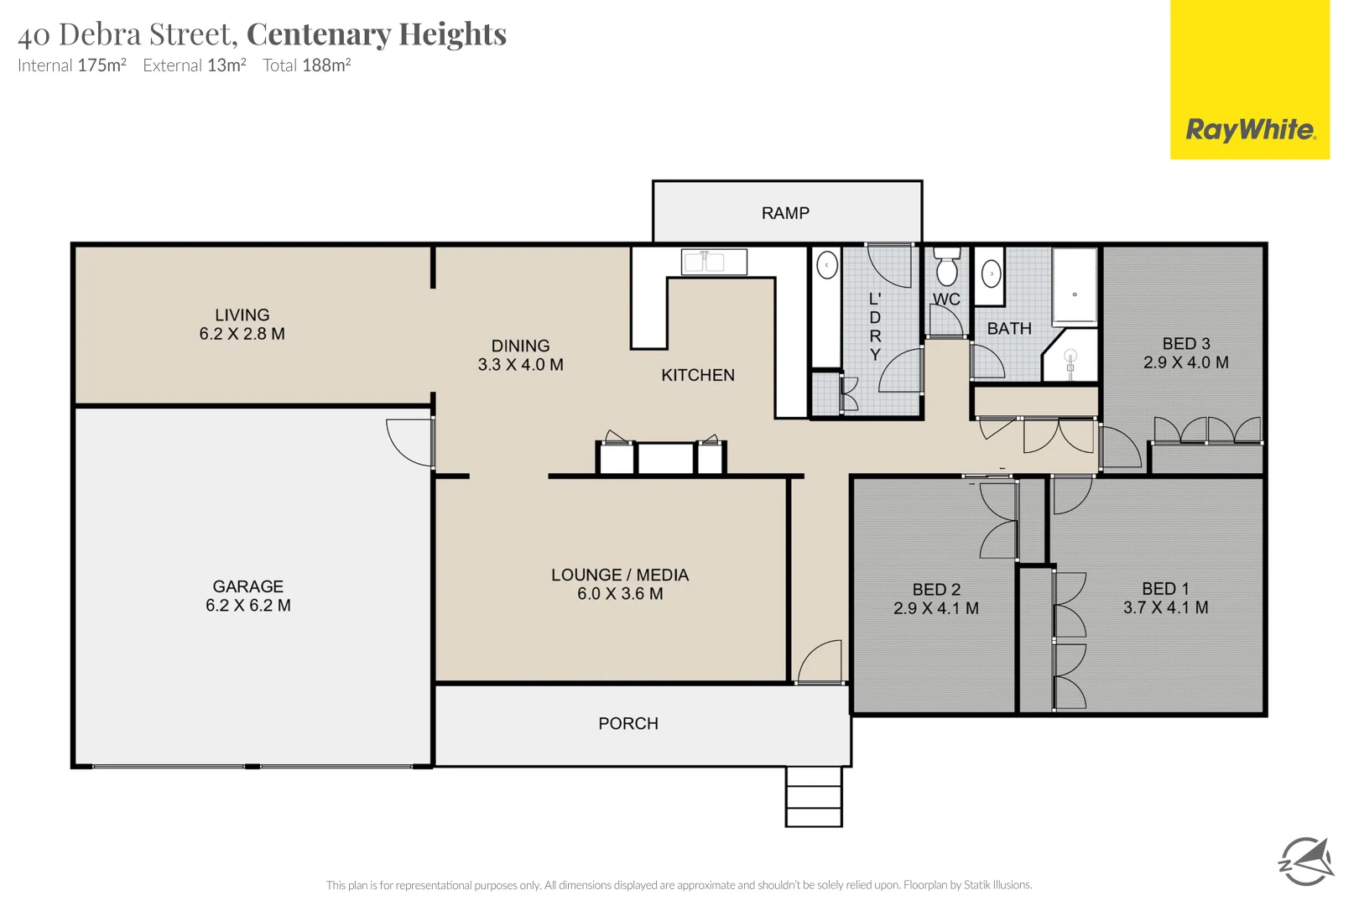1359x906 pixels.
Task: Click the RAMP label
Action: click(x=785, y=213)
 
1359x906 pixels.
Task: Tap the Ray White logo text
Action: click(x=1249, y=130)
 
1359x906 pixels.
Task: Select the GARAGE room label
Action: click(x=247, y=586)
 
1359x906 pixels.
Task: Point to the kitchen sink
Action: click(x=714, y=262)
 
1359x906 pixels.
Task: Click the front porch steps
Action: click(x=813, y=796)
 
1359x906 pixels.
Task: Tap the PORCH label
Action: click(x=627, y=723)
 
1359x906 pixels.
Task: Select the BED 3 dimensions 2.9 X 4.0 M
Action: click(x=1185, y=362)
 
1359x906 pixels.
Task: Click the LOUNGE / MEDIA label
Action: click(x=619, y=575)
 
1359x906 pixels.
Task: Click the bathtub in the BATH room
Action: click(x=1075, y=286)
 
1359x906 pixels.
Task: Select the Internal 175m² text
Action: click(x=72, y=65)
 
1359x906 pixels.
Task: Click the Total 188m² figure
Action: click(x=306, y=65)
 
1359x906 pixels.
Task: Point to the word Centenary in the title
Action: click(x=319, y=34)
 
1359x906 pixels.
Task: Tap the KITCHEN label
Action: click(x=697, y=375)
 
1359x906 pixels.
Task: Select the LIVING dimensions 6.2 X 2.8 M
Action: click(x=242, y=334)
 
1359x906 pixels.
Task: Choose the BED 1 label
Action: click(x=1164, y=589)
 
